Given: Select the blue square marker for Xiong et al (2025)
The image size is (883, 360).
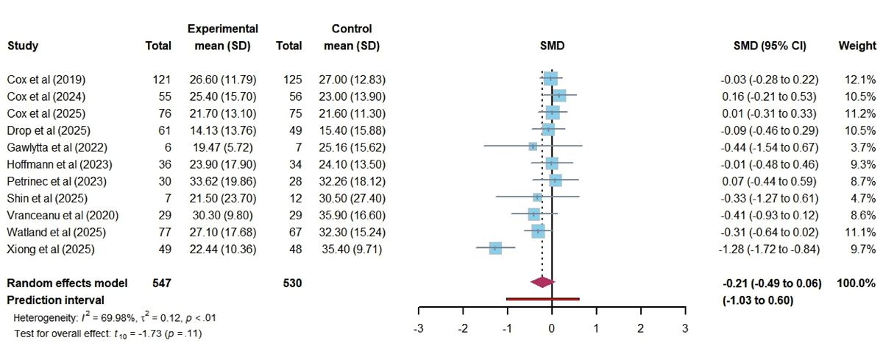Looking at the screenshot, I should pos(494,249).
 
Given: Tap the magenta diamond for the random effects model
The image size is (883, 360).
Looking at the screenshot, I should pos(542,282).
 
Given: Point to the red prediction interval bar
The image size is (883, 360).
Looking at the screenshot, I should pos(542,299).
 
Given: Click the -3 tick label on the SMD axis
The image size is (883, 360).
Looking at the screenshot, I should pos(418,327).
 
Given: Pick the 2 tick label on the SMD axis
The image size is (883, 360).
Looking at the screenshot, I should pos(640,327).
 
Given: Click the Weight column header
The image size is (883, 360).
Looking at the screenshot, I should pos(857,46).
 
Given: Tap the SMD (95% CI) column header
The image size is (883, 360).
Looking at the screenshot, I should pos(770,46).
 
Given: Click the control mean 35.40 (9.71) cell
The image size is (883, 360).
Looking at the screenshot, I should pos(352,249).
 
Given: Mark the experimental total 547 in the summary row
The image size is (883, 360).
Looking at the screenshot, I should pos(161,283).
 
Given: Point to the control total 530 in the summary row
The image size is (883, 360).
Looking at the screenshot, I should pos(291,283).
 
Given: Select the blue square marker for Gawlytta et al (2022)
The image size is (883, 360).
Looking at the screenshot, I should pos(532,147).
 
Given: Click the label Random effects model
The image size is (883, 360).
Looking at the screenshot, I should pos(68,283).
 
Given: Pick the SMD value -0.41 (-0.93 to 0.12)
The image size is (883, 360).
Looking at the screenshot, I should pos(770,215).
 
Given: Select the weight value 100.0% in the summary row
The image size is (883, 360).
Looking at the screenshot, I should pos(856,283).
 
